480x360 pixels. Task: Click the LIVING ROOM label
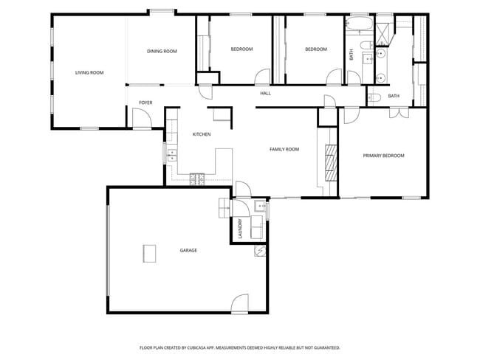coord(89,73)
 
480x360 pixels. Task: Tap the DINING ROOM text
coord(162,51)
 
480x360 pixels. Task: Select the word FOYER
coord(145,103)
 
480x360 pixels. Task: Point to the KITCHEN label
coord(202,134)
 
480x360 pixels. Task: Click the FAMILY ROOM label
coord(284,150)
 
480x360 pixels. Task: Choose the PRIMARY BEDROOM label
coord(383,156)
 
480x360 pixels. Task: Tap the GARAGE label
coord(188,251)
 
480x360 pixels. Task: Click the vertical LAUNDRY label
coord(240,229)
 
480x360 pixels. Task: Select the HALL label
coord(265,94)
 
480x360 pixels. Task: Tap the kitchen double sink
coord(172,155)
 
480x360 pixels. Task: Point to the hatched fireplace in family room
coord(332,160)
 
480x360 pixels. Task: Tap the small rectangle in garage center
coord(150,252)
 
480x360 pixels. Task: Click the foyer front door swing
coord(140,117)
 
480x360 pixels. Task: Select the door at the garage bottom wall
coord(240,303)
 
